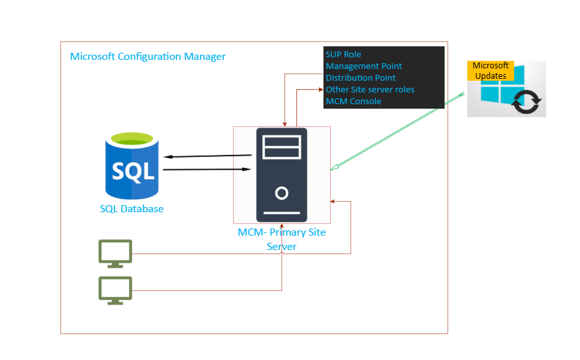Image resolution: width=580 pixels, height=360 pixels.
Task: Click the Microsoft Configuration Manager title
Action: point(148,57)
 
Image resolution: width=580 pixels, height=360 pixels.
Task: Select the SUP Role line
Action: point(343,54)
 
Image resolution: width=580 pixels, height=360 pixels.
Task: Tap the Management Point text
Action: point(364,66)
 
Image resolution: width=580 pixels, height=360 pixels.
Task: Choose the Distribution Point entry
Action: point(361,77)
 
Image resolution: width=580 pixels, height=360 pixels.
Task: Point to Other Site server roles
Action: point(370,89)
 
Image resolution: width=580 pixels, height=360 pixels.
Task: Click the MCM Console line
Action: point(353,101)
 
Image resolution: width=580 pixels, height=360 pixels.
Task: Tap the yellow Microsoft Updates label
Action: point(490,70)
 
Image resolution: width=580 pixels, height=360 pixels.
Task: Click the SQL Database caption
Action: point(131,209)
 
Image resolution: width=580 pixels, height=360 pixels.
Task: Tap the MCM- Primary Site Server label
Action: point(281,239)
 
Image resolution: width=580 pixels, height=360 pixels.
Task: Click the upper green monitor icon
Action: point(115,253)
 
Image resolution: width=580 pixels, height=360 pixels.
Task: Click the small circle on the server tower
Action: point(281,193)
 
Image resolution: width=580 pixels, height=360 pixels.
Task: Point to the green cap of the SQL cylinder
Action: point(132,139)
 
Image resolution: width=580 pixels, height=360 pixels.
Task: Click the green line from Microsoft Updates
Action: point(397,133)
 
